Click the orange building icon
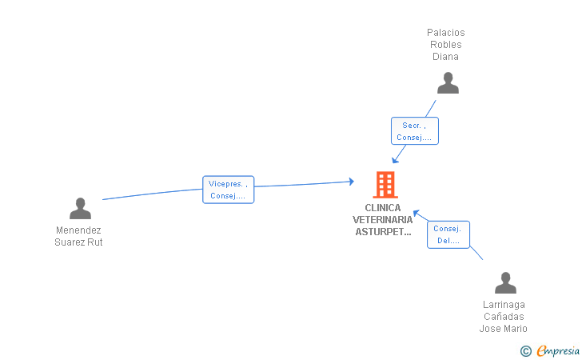point(385,185)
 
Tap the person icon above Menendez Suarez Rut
point(80,208)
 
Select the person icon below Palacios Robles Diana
point(448,83)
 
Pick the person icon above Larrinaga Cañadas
point(505,282)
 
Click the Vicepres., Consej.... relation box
point(229,190)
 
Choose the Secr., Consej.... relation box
point(415,130)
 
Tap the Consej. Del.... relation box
point(448,234)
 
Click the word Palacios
point(446,33)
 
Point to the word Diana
point(445,57)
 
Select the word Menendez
point(78,230)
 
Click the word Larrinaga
point(504,305)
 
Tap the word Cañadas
point(504,317)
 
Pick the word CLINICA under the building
point(383,208)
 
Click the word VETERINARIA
point(383,219)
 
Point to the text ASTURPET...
point(383,232)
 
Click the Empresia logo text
point(558,350)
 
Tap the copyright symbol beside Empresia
point(525,351)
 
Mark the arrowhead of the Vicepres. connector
point(351,182)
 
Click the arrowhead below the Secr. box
point(395,160)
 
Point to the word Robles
point(446,45)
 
